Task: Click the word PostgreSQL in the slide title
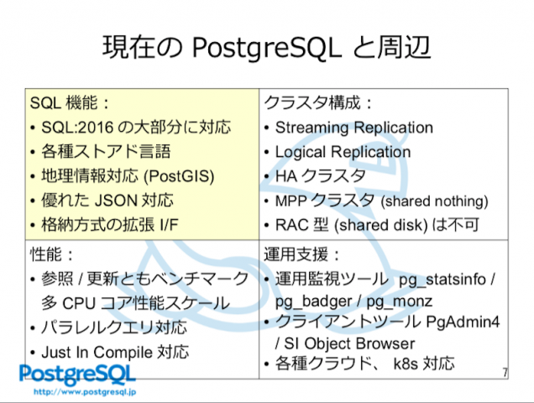click(267, 49)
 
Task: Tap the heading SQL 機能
click(65, 103)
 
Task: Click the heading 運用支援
click(296, 254)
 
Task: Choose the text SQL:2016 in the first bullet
click(77, 128)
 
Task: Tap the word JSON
click(116, 201)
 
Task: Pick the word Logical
click(300, 153)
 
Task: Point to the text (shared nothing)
click(435, 201)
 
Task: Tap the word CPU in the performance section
click(79, 303)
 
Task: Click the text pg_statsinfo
click(442, 280)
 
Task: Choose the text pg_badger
click(313, 301)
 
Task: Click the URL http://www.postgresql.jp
click(85, 392)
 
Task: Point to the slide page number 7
click(505, 372)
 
